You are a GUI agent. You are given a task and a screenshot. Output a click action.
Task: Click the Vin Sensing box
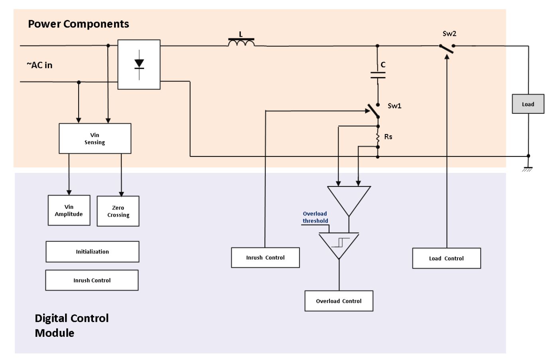[95, 138]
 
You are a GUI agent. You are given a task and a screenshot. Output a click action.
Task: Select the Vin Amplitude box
[69, 210]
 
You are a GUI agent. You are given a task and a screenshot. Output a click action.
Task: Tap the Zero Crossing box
[118, 211]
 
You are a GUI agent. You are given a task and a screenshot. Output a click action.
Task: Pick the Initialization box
[93, 252]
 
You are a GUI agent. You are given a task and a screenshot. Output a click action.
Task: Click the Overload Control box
[339, 301]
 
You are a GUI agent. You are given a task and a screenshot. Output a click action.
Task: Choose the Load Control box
[446, 258]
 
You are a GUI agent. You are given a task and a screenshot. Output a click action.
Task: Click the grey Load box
[528, 104]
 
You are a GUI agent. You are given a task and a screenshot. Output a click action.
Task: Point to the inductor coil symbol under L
[241, 43]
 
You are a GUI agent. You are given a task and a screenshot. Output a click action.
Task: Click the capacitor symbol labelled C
[378, 75]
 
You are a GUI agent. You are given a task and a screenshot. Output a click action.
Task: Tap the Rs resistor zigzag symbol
[378, 137]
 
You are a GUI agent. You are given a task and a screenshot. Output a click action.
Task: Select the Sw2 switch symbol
[447, 49]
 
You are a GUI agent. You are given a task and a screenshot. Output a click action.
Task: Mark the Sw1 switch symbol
[374, 111]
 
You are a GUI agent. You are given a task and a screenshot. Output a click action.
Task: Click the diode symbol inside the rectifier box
[139, 65]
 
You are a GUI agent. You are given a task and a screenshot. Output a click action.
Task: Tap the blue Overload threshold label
[315, 217]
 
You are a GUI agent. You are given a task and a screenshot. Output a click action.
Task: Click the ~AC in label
[39, 65]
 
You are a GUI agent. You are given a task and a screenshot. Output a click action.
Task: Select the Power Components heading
[79, 24]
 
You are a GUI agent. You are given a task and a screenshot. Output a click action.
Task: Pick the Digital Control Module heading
[72, 325]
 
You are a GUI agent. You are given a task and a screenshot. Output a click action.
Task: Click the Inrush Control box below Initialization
[92, 280]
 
